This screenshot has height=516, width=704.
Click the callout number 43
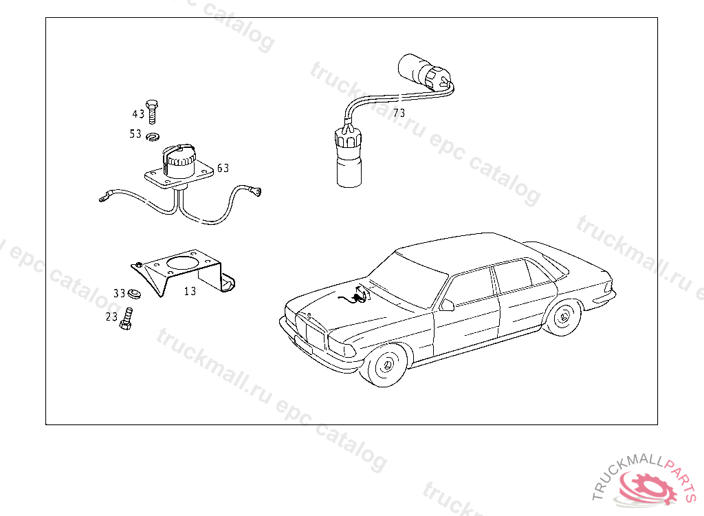[x=138, y=114]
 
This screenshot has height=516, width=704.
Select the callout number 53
[x=135, y=134]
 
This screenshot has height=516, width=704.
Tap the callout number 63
[x=223, y=168]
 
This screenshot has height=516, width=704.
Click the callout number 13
[x=190, y=291]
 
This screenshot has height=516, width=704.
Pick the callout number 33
[x=120, y=293]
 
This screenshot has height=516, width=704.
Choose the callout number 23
[x=111, y=317]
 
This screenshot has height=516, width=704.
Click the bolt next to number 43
[x=153, y=111]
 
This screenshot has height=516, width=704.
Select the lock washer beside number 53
[x=152, y=136]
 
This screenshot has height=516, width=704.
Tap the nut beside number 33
[x=135, y=294]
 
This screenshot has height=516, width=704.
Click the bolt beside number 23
[x=127, y=319]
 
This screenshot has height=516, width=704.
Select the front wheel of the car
[x=386, y=365]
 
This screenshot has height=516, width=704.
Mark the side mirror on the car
[x=447, y=304]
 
